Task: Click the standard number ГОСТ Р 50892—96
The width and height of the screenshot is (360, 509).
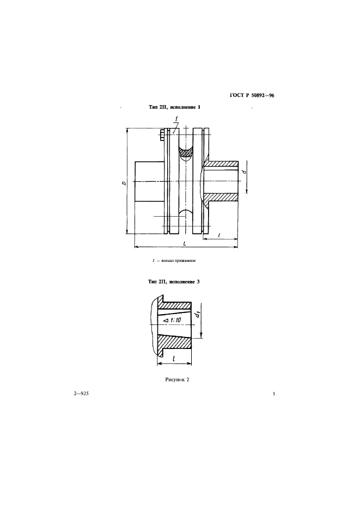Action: (252, 95)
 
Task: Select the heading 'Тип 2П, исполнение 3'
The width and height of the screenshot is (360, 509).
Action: (174, 282)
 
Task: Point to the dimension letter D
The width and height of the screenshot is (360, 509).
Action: (123, 183)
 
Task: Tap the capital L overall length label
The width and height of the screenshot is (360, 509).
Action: (185, 243)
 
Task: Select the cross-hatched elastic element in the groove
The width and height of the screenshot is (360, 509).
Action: (186, 152)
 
